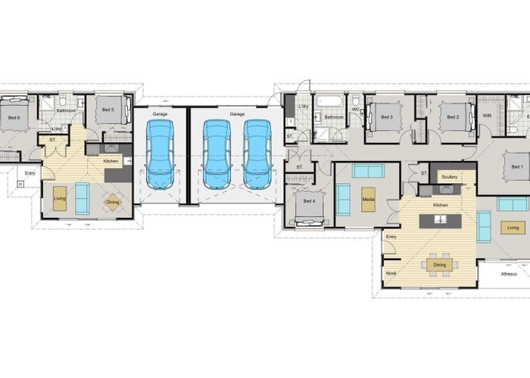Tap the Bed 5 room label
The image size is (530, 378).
pyautogui.click(x=108, y=110)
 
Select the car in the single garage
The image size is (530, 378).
pyautogui.click(x=160, y=155)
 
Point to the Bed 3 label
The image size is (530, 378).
pyautogui.click(x=387, y=117)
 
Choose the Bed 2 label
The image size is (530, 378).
pyautogui.click(x=453, y=117)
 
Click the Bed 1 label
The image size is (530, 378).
pyautogui.click(x=516, y=167)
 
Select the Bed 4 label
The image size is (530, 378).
pyautogui.click(x=309, y=200)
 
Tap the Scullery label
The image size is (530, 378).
pyautogui.click(x=449, y=177)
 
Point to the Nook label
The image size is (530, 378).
pyautogui.click(x=391, y=273)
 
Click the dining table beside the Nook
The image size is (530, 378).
pyautogui.click(x=439, y=265)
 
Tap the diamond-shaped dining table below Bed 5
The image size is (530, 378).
pyautogui.click(x=111, y=202)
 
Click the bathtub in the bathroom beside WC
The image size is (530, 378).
pyautogui.click(x=330, y=101)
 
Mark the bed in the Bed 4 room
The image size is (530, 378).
pyautogui.click(x=309, y=212)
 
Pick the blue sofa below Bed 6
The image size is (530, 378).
pyautogui.click(x=82, y=198)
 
